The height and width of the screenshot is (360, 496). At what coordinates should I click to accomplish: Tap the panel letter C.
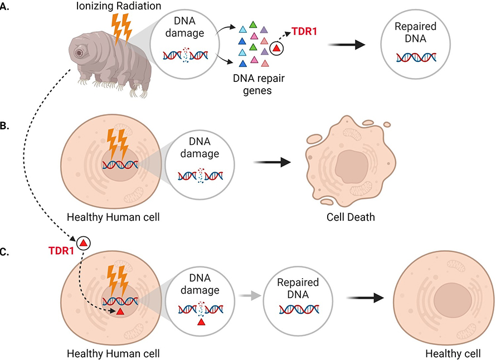click(x=6, y=252)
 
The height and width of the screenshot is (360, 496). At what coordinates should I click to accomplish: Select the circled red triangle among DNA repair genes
click(x=277, y=50)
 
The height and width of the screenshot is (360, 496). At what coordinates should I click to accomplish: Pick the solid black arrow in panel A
click(x=346, y=46)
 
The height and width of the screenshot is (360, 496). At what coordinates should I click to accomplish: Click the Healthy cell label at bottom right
click(x=452, y=353)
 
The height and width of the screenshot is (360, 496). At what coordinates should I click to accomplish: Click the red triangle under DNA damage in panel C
click(x=201, y=322)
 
